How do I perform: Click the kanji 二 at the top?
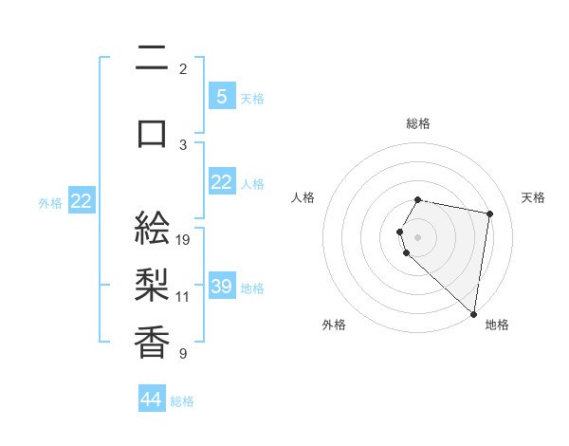[153, 59]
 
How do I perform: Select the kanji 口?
[153, 132]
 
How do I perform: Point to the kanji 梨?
[153, 284]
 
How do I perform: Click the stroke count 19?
[183, 240]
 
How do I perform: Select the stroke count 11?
[183, 296]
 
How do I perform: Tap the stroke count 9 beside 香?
[183, 354]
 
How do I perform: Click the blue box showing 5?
[221, 96]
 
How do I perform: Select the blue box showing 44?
[152, 400]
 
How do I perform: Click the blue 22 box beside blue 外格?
[82, 201]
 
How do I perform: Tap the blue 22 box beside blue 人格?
[221, 182]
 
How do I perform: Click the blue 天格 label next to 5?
[252, 98]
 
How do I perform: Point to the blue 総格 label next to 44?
[182, 401]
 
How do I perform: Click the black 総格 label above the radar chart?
[418, 123]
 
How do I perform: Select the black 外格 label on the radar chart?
[334, 325]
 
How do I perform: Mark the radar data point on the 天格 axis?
[489, 214]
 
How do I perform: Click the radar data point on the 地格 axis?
[473, 313]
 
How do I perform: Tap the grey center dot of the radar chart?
[418, 235]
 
